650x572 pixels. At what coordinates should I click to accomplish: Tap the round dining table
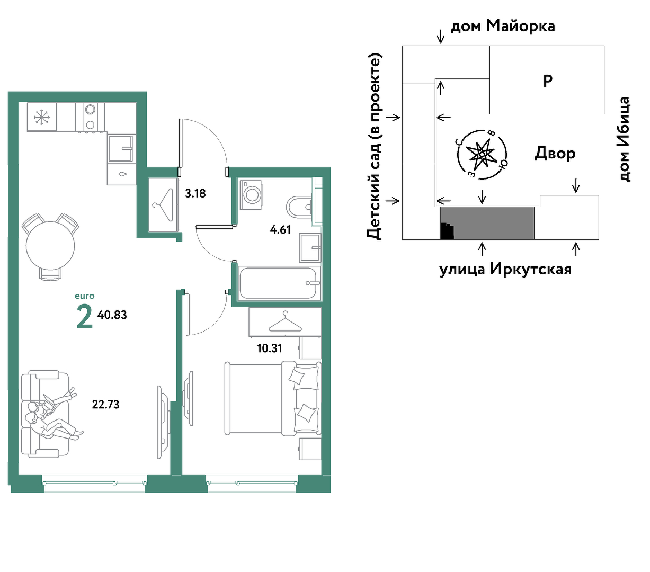tap(50, 246)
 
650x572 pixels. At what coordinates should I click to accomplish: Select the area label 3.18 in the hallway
tap(195, 193)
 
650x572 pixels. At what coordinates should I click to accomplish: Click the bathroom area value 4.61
tap(280, 230)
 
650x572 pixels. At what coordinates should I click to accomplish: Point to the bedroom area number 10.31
tap(270, 348)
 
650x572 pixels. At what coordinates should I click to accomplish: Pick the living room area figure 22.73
tap(105, 405)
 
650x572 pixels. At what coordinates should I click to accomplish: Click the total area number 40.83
tap(112, 315)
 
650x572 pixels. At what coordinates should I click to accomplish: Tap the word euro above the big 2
tap(84, 296)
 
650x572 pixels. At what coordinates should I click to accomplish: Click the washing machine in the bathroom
tap(251, 195)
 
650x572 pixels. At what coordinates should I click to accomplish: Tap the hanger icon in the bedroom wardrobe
tap(285, 322)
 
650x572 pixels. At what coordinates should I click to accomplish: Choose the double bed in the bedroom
tap(273, 398)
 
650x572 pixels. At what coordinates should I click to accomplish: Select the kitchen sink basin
tap(120, 148)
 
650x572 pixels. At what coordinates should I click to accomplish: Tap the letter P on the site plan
tap(548, 81)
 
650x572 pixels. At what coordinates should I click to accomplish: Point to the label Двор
tap(555, 154)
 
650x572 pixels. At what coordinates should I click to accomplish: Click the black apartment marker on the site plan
tap(447, 231)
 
